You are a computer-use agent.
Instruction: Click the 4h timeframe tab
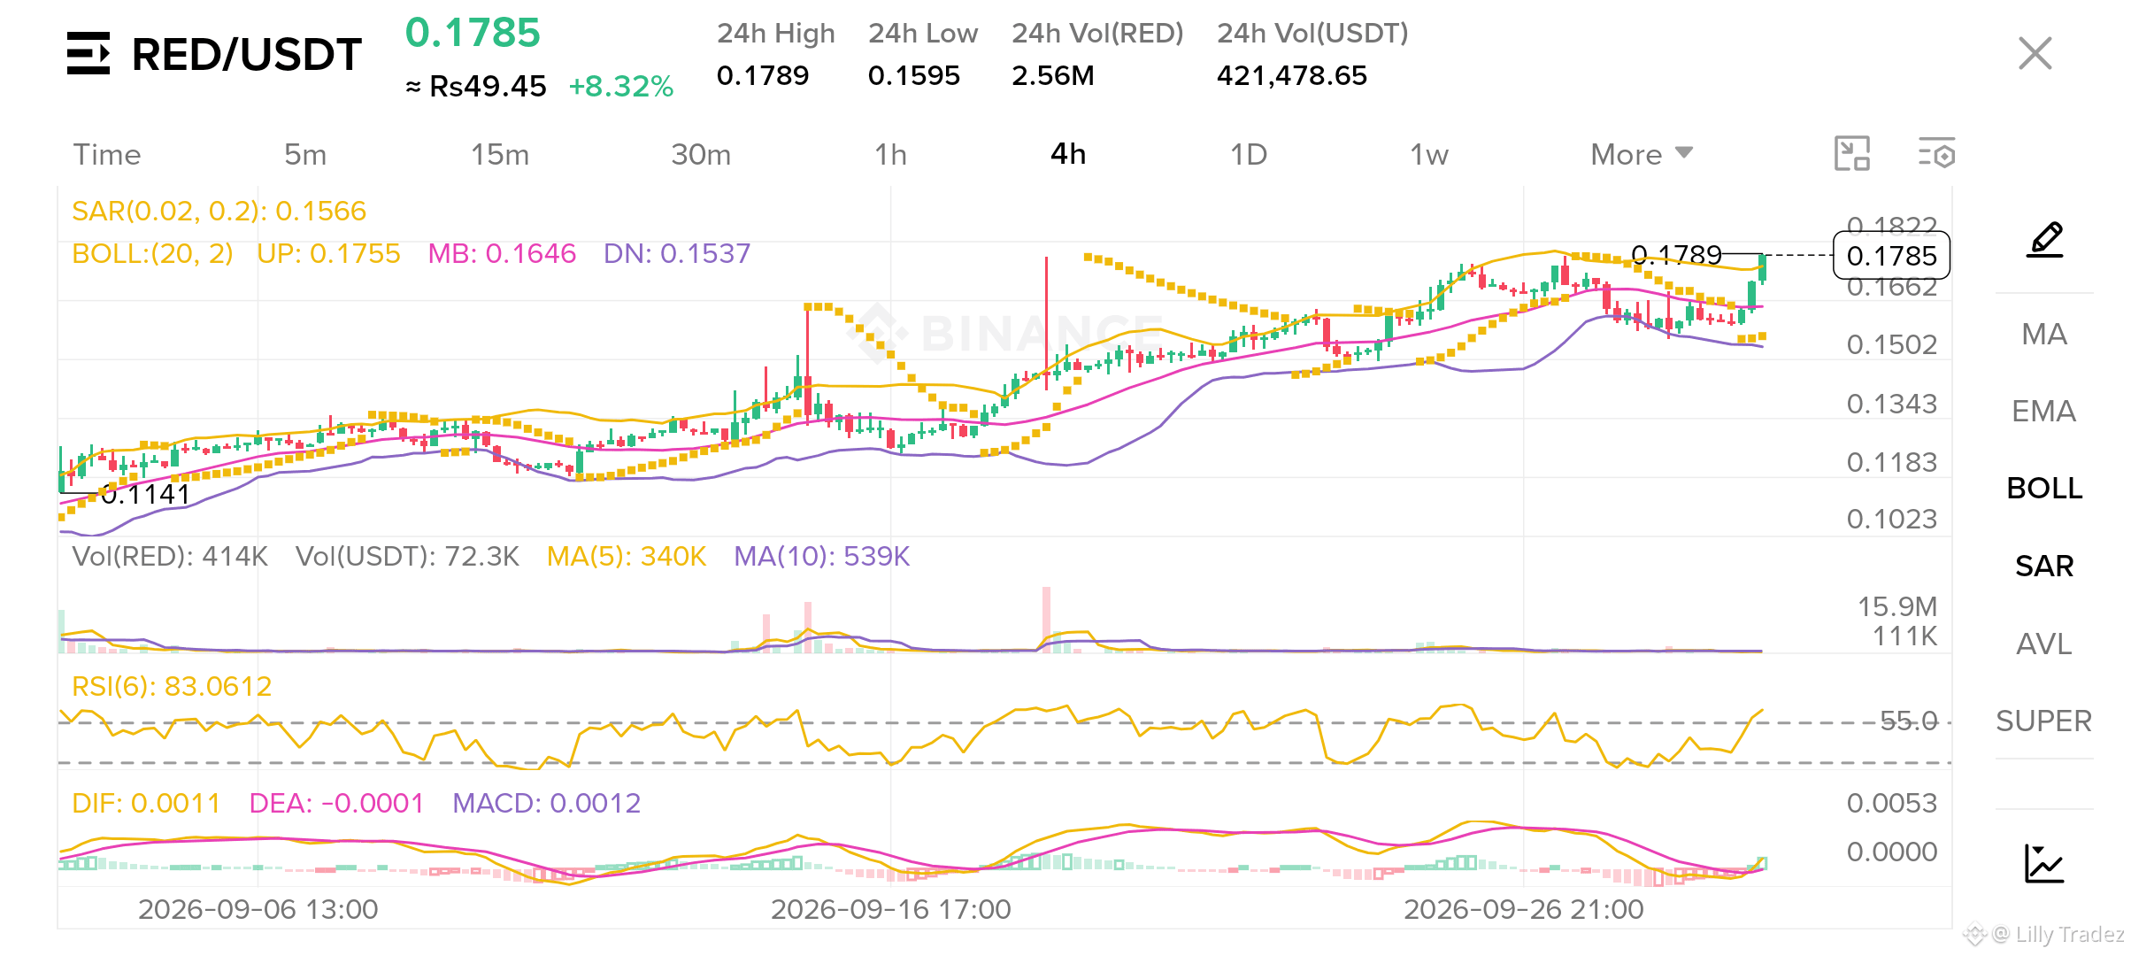[1067, 154]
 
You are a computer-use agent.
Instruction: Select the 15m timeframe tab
[500, 154]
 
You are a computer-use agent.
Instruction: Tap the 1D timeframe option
[1249, 154]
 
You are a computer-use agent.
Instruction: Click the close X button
[2035, 53]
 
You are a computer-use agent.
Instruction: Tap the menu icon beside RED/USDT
[88, 53]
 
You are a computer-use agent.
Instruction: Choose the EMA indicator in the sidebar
[2043, 411]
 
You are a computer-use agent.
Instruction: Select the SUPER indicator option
[2043, 721]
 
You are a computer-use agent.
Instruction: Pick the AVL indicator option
[2043, 644]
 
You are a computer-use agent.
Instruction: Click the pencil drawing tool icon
[2045, 240]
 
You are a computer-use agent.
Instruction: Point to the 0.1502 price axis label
[1891, 344]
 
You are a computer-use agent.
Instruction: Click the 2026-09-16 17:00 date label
[890, 909]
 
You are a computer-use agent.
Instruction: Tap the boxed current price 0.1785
[1891, 256]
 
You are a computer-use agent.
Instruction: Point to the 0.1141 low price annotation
[145, 494]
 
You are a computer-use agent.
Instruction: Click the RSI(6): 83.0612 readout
[172, 686]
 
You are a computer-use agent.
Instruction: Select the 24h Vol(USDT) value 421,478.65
[1291, 75]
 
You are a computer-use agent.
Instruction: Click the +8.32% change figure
[620, 86]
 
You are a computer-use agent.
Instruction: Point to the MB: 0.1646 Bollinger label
[502, 253]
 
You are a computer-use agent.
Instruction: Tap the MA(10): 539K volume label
[821, 556]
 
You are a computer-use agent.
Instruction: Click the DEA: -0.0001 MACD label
[336, 803]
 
